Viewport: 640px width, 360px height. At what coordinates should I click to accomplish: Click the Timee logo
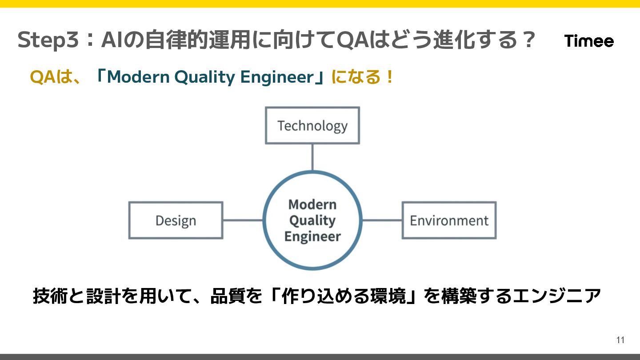(589, 41)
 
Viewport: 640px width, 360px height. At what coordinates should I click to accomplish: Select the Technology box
(312, 126)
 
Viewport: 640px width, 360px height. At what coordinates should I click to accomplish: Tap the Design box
(176, 220)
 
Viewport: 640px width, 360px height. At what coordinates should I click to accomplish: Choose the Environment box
(449, 220)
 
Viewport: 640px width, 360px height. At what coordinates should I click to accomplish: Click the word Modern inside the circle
(312, 204)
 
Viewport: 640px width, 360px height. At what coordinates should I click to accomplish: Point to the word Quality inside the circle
(312, 220)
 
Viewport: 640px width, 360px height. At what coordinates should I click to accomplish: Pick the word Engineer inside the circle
(312, 236)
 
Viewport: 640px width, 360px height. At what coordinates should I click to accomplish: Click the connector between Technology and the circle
(312, 157)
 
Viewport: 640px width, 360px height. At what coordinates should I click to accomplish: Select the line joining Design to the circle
(243, 220)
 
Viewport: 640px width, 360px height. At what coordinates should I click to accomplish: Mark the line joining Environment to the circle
(382, 220)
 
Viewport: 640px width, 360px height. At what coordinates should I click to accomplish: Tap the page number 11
(620, 340)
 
